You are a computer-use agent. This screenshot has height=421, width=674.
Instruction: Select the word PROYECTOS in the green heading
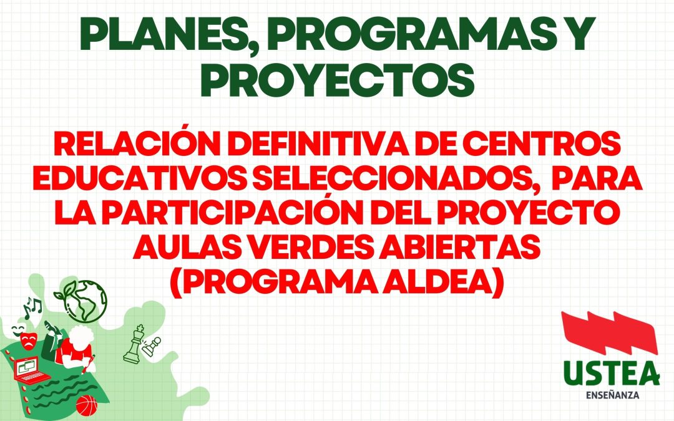point(336,81)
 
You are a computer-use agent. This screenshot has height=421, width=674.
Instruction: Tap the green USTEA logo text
point(611,374)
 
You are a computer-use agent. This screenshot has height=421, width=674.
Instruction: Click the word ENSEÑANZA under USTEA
point(611,395)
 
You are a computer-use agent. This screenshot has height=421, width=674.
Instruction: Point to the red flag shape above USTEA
point(609,337)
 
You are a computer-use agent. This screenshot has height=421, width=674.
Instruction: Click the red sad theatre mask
point(27,341)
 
